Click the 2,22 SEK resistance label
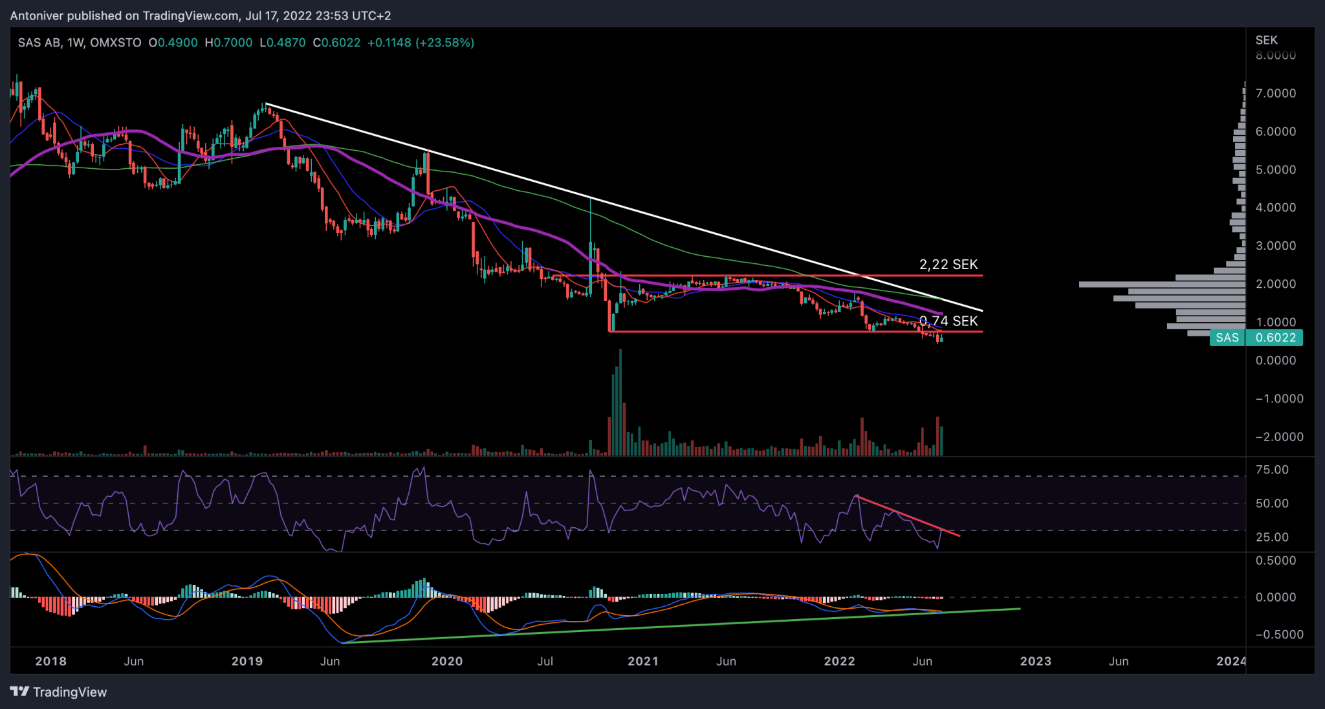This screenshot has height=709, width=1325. pos(948,265)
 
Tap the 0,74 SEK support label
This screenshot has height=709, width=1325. pos(948,321)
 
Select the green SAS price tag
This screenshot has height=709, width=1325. pos(1227,338)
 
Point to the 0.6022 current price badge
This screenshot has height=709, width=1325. pos(1275,338)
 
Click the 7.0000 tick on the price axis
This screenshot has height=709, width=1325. pos(1275,93)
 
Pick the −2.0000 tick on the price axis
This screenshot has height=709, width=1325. pos(1279,437)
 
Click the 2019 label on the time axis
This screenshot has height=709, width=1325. pos(247,661)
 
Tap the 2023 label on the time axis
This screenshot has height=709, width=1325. pos(1035,661)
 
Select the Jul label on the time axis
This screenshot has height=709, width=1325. pos(545,661)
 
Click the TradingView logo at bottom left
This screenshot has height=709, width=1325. pos(58,692)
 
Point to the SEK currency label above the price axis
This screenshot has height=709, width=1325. pos(1266,40)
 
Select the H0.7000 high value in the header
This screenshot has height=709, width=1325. pos(228,43)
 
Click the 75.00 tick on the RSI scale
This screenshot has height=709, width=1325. pos(1271,470)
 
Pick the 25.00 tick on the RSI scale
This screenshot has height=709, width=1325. pos(1271,537)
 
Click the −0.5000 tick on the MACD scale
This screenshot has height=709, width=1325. pos(1279,635)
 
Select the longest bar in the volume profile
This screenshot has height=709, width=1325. pos(1162,284)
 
